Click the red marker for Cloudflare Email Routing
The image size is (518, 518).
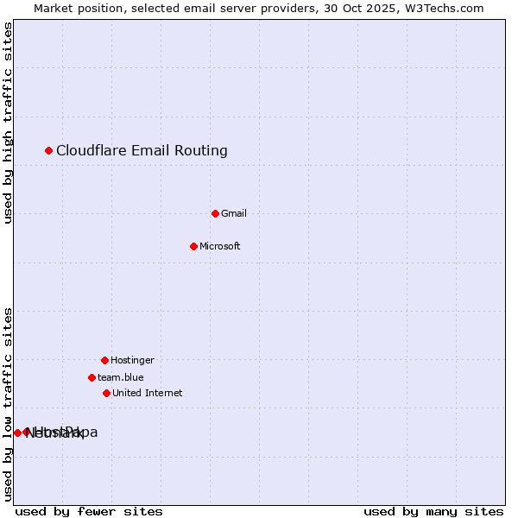(49, 151)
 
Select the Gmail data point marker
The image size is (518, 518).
(216, 213)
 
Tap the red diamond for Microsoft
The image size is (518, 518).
(194, 246)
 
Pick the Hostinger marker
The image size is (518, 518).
(105, 360)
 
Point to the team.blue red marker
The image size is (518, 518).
(92, 377)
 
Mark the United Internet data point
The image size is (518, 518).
(107, 393)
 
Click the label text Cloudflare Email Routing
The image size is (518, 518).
(142, 151)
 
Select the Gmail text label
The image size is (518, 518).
(234, 213)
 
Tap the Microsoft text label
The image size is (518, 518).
(220, 246)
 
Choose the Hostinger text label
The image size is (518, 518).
(132, 360)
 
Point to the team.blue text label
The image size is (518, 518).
(121, 377)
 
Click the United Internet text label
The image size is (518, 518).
(148, 393)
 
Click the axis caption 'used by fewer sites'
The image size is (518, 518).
(89, 511)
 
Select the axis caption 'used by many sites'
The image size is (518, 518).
(433, 511)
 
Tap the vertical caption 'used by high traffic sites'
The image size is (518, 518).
(9, 123)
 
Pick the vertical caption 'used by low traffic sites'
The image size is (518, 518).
(9, 403)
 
